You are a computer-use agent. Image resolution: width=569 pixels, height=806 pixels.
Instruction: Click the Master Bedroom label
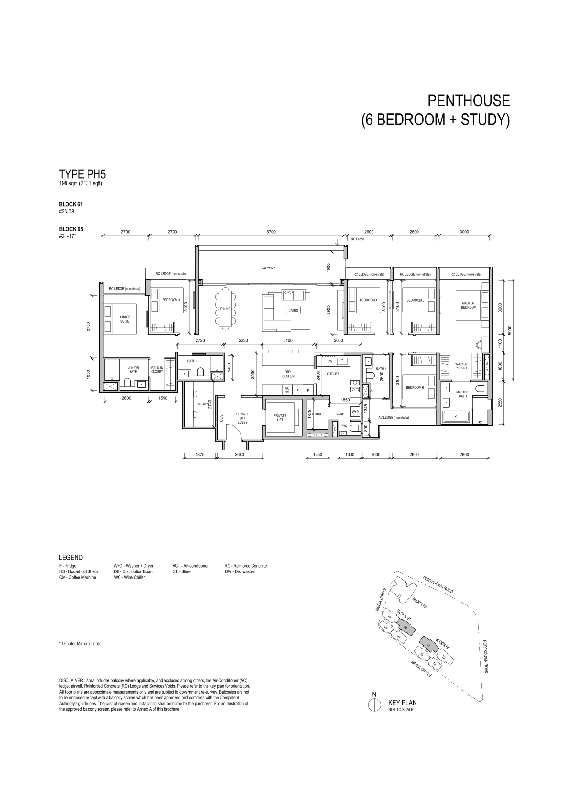click(x=469, y=305)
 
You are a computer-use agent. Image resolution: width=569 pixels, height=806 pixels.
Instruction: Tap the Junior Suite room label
click(x=125, y=319)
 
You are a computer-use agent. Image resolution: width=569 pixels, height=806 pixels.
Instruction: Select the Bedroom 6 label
click(x=415, y=388)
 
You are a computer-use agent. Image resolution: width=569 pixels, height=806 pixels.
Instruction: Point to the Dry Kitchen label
click(x=288, y=374)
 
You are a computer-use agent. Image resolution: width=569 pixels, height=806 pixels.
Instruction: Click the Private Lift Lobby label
click(x=242, y=418)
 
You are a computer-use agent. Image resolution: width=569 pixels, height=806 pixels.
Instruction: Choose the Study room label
click(x=203, y=404)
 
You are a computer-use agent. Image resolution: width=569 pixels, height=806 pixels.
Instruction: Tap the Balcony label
click(x=268, y=268)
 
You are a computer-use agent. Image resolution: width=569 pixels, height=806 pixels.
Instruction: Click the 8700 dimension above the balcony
click(x=271, y=232)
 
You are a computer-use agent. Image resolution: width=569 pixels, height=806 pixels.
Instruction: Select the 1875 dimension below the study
click(x=200, y=455)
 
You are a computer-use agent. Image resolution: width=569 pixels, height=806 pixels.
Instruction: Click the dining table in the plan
click(x=226, y=308)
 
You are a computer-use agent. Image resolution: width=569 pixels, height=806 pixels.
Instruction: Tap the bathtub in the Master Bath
click(x=456, y=416)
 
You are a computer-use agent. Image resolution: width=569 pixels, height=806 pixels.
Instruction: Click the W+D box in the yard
click(x=355, y=411)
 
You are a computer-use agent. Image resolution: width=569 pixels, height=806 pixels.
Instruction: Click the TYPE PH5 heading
click(x=82, y=175)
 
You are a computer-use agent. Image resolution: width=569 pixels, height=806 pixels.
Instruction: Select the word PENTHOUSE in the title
click(x=469, y=101)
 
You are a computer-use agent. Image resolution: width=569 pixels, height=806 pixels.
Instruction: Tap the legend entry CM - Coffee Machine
click(x=77, y=578)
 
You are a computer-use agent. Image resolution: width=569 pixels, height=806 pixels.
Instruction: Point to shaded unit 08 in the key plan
click(x=406, y=628)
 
